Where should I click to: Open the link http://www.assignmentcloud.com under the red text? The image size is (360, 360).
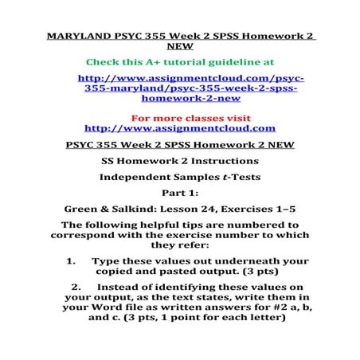point(179,127)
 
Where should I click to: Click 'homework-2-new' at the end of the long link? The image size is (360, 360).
point(178,100)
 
